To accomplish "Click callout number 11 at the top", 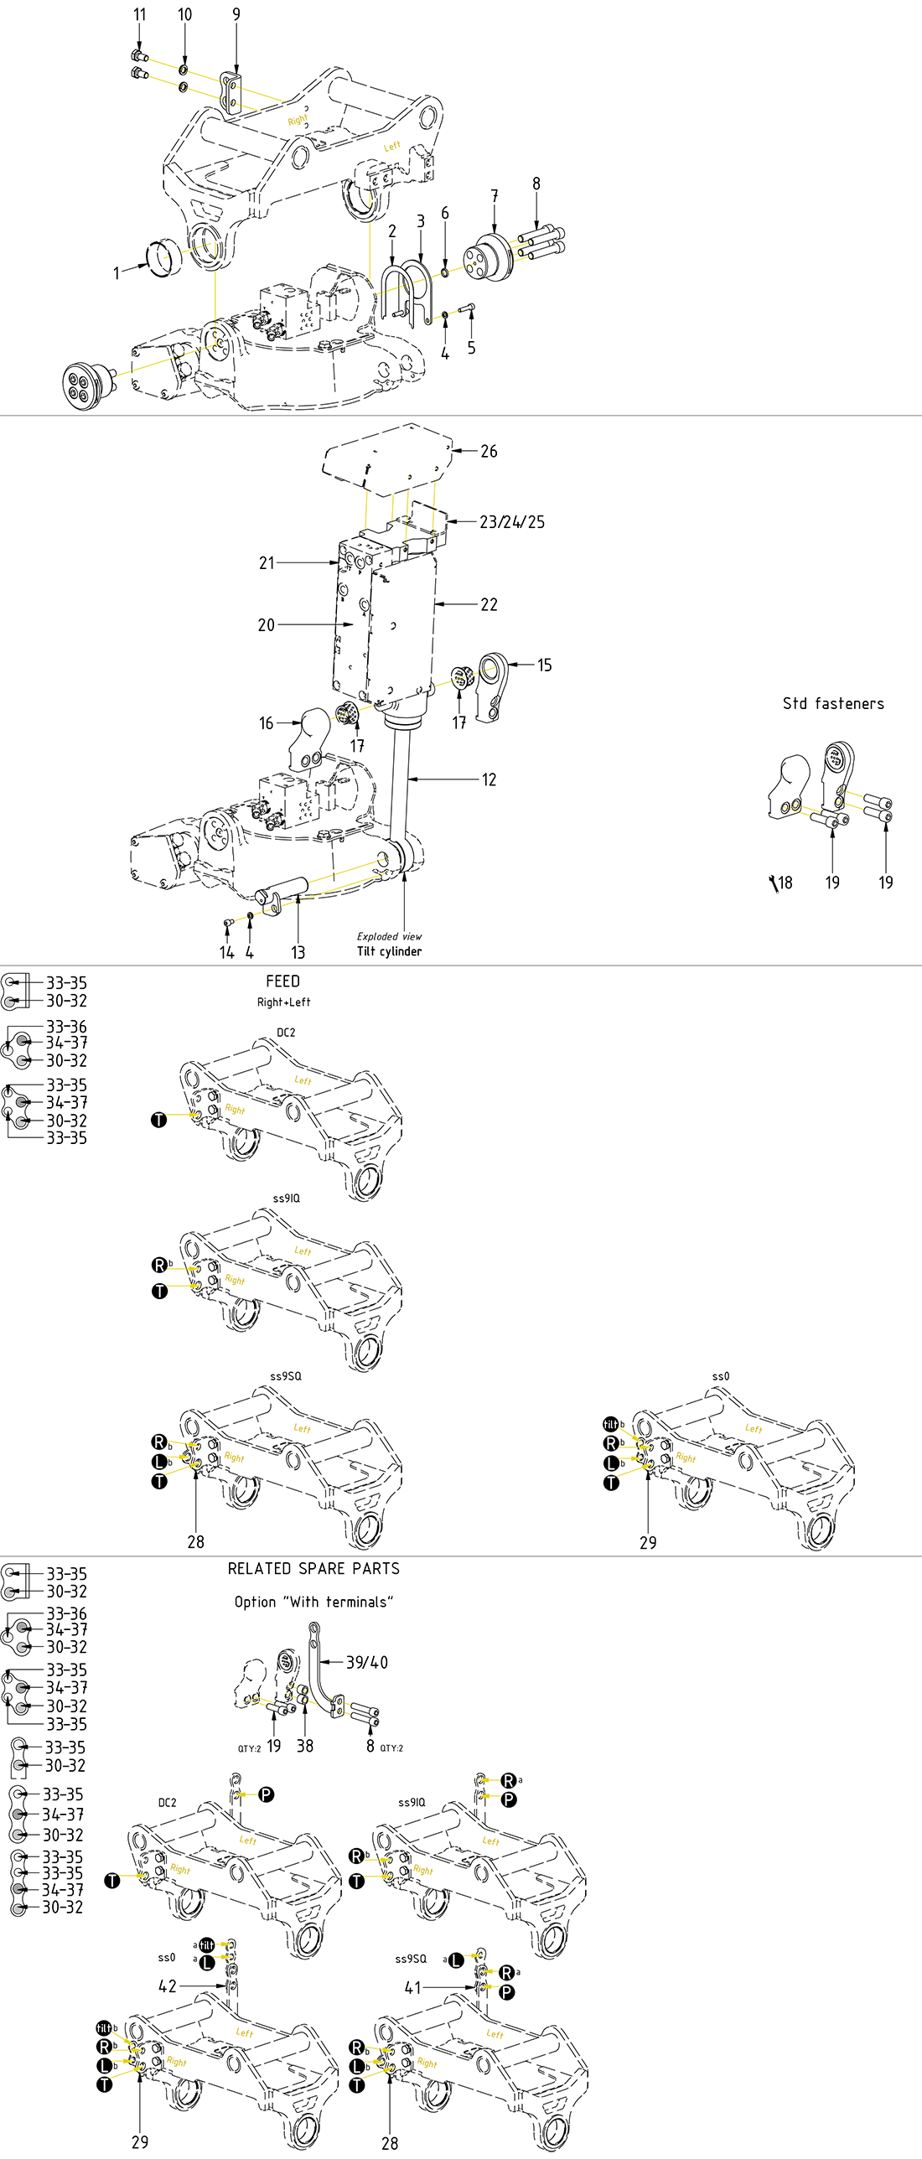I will (x=140, y=15).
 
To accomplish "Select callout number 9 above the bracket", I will (x=236, y=15).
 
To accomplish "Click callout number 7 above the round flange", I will (x=495, y=196).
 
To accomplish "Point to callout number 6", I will (x=445, y=214).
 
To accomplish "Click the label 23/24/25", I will (x=512, y=522).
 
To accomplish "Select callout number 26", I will (x=489, y=452).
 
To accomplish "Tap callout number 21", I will (x=267, y=563).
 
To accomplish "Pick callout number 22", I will (x=489, y=605).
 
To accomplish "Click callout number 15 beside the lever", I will (x=545, y=665).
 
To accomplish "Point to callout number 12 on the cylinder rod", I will (x=489, y=780).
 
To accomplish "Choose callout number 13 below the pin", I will (x=298, y=953).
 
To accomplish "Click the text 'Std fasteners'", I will (x=833, y=704).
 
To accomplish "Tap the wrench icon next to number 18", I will (x=773, y=883).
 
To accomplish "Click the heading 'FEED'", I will (x=283, y=981).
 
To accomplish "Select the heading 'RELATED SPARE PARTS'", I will (x=313, y=1569).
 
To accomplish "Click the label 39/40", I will (x=367, y=1662).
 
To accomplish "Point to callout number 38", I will (x=305, y=1746).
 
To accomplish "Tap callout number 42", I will (x=168, y=1986).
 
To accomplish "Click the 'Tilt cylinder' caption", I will (x=390, y=951).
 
